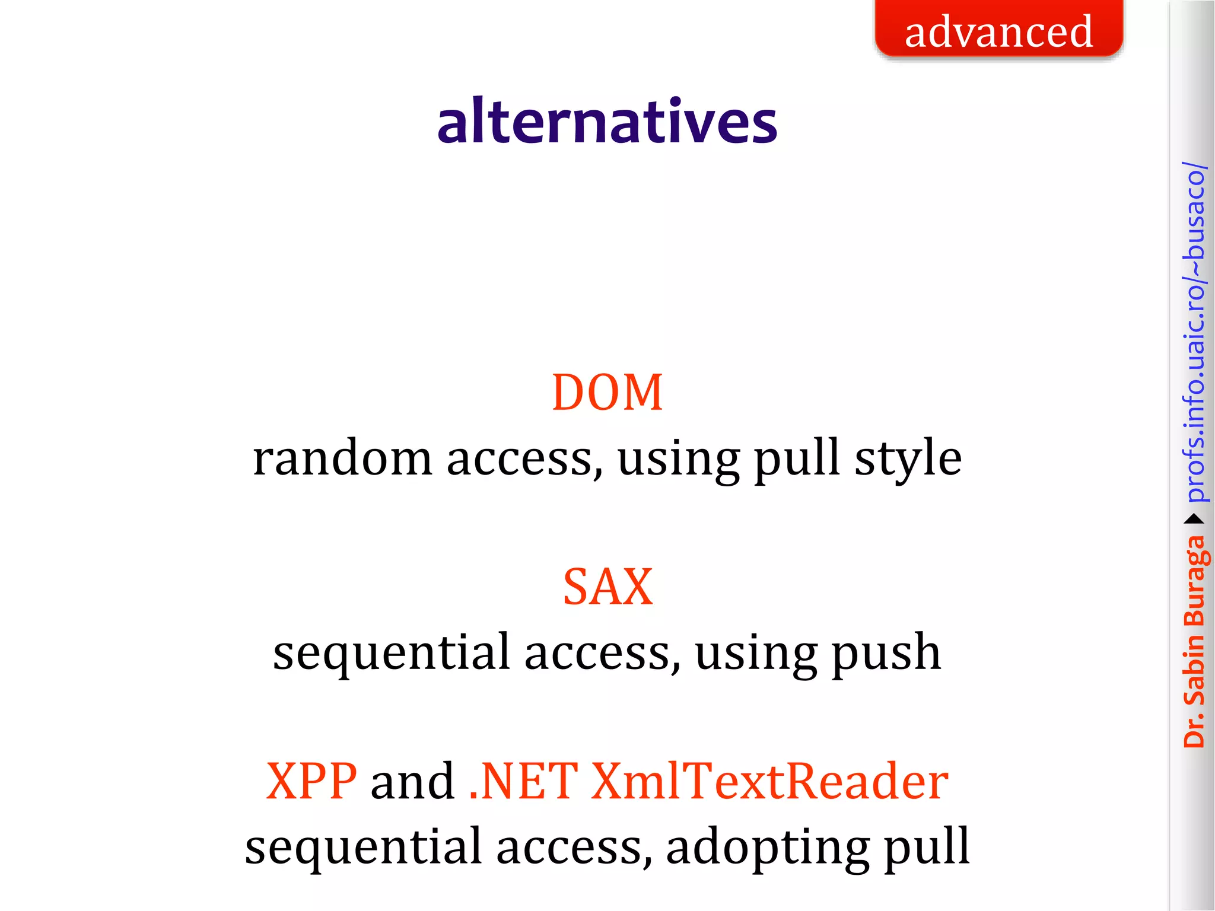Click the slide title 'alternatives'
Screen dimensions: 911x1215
click(607, 122)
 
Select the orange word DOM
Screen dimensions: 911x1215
click(607, 393)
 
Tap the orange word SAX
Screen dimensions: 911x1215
click(607, 587)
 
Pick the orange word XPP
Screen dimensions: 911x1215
click(311, 781)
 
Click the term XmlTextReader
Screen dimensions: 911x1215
click(769, 781)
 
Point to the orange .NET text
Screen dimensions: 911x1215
click(523, 781)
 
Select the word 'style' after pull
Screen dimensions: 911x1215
click(908, 460)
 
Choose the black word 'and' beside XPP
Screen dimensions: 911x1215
click(412, 781)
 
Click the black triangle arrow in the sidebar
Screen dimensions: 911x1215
click(1194, 520)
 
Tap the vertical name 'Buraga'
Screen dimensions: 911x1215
click(1194, 581)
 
